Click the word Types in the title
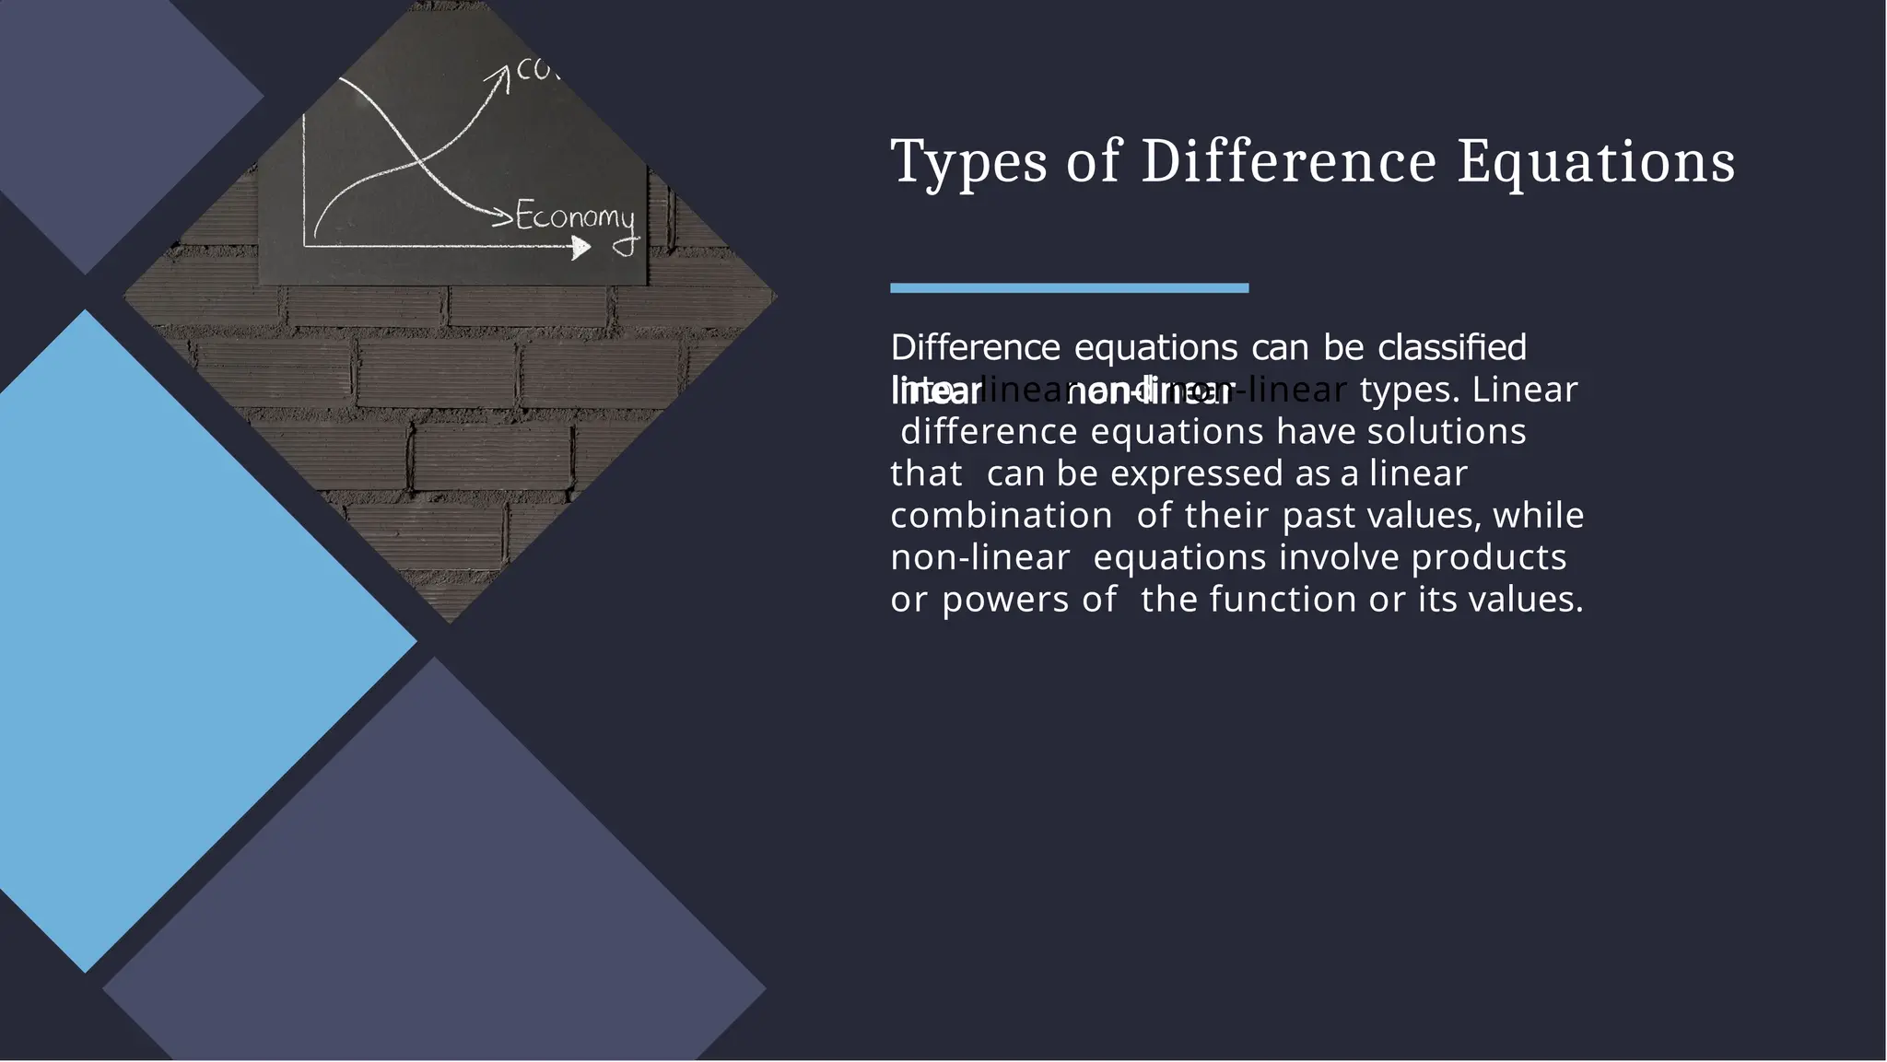point(968,162)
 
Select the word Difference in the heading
point(1288,162)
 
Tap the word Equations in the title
point(1596,162)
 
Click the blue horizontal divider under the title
point(1069,288)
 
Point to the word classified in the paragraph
point(1452,348)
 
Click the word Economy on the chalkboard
point(575,217)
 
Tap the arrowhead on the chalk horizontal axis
point(580,247)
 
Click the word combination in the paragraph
point(1002,516)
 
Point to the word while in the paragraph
point(1538,516)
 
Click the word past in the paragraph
point(1319,516)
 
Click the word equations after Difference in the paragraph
point(1155,348)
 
